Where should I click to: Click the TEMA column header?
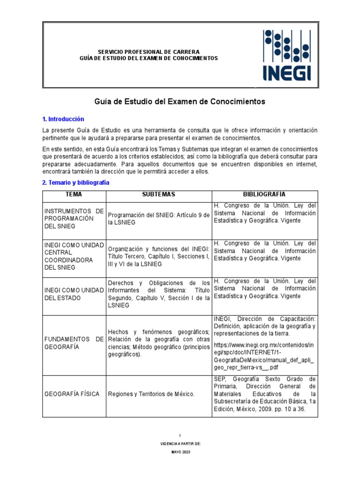(x=74, y=195)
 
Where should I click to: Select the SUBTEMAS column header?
(x=159, y=195)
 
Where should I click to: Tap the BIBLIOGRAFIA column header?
(x=264, y=195)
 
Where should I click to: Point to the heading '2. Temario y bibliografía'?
(x=75, y=182)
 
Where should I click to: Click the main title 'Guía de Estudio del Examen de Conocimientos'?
(x=180, y=101)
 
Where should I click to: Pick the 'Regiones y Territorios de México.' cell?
(x=151, y=394)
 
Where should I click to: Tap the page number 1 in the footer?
(x=180, y=435)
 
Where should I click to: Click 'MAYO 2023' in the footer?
(x=180, y=452)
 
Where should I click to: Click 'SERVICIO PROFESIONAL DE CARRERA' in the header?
(x=148, y=52)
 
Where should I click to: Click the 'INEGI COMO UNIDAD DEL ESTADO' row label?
(x=74, y=294)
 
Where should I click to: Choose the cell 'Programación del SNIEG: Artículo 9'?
(x=159, y=219)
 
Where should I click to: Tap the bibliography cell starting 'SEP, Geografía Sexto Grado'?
(x=264, y=395)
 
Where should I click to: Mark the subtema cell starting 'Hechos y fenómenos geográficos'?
(x=159, y=343)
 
